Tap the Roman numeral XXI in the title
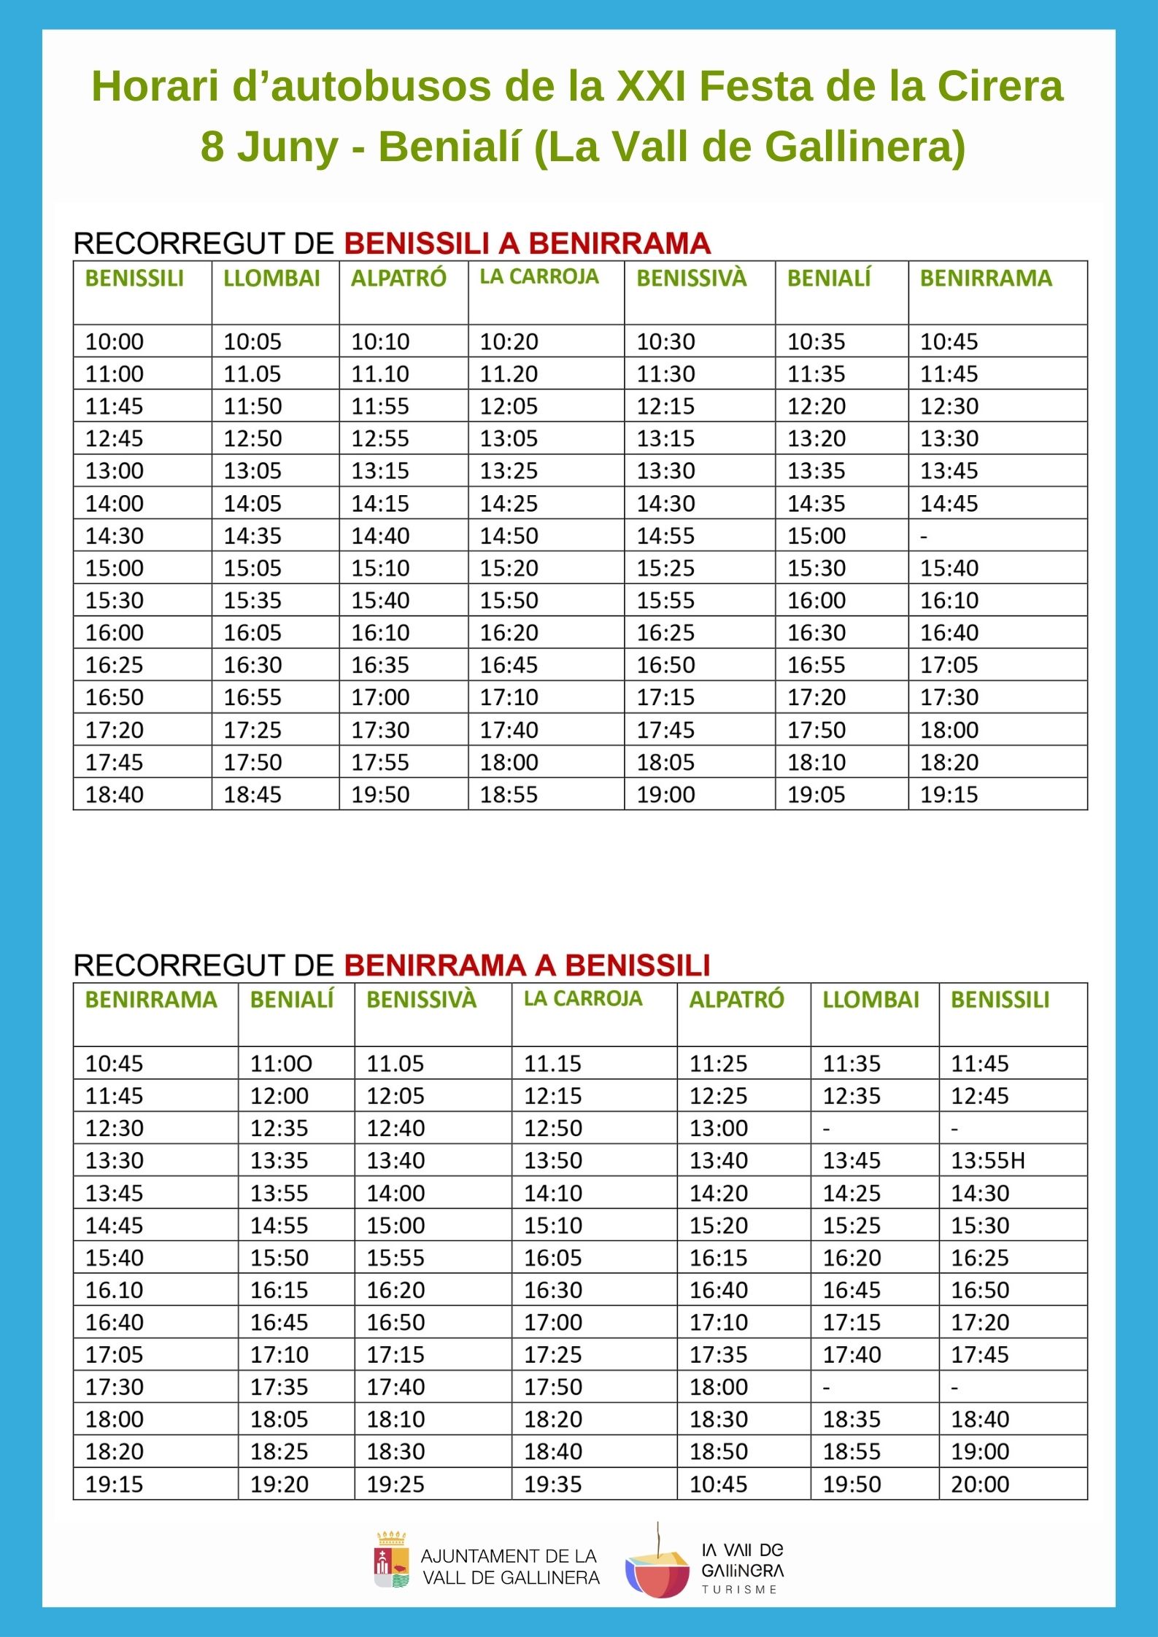[650, 86]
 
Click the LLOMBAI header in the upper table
[271, 279]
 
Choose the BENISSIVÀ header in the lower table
[421, 1000]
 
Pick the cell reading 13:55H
[987, 1161]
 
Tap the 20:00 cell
[979, 1485]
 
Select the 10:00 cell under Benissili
[115, 342]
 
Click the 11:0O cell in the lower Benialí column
[281, 1064]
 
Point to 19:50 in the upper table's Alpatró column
[380, 795]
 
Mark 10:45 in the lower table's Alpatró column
[718, 1485]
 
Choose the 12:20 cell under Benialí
[816, 406]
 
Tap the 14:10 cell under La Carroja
[552, 1194]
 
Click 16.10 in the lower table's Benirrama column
[115, 1290]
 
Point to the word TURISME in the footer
[739, 1590]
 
